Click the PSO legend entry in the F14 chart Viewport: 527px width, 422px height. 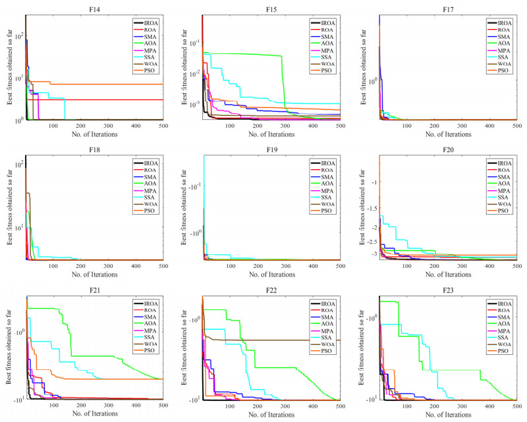pyautogui.click(x=147, y=70)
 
